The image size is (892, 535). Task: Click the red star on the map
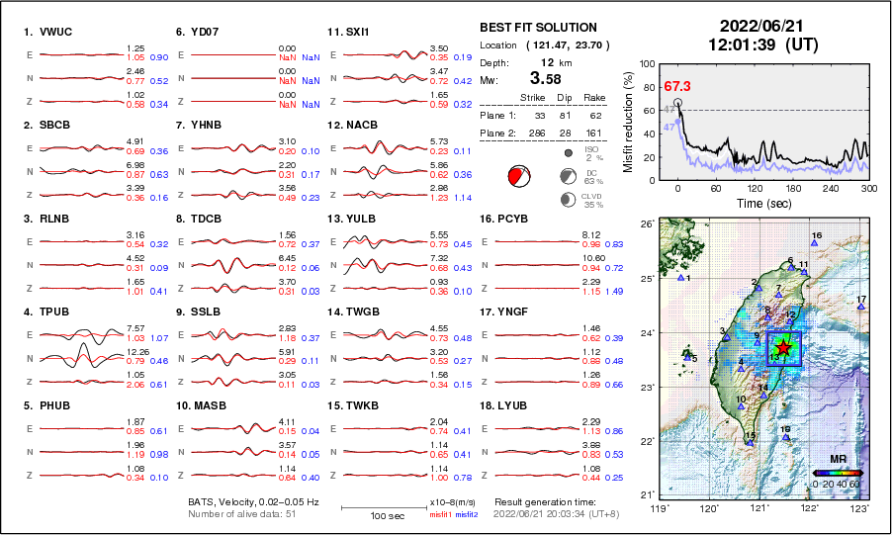783,348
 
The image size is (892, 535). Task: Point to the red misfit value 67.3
676,87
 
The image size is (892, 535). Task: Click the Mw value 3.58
550,78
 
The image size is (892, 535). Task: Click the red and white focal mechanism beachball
518,176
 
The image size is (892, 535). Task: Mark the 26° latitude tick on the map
644,224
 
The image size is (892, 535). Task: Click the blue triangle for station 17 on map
861,308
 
